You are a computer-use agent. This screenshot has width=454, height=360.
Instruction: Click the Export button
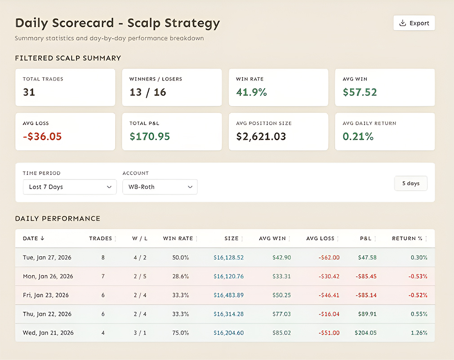pyautogui.click(x=414, y=23)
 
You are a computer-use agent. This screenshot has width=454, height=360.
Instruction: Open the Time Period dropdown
pyautogui.click(x=70, y=187)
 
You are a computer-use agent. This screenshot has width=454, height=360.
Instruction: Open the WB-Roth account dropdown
pyautogui.click(x=160, y=187)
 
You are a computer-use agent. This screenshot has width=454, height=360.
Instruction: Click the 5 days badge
pyautogui.click(x=410, y=184)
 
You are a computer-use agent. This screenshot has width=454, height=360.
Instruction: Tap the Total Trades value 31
pyautogui.click(x=29, y=92)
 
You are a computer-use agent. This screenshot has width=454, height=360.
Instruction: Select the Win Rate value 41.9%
pyautogui.click(x=251, y=92)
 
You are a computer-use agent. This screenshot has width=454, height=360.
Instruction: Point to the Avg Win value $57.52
pyautogui.click(x=360, y=92)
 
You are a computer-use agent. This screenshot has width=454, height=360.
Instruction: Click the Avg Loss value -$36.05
pyautogui.click(x=42, y=136)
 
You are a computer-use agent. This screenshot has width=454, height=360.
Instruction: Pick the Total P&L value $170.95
pyautogui.click(x=150, y=136)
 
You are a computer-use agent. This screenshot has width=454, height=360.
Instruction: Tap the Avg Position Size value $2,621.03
pyautogui.click(x=261, y=136)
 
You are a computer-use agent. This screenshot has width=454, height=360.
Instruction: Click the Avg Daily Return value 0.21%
pyautogui.click(x=358, y=136)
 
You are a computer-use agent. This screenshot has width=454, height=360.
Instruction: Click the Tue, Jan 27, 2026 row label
pyautogui.click(x=47, y=258)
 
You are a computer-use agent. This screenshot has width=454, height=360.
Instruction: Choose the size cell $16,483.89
pyautogui.click(x=228, y=295)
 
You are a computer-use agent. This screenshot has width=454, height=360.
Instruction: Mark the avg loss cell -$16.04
pyautogui.click(x=329, y=314)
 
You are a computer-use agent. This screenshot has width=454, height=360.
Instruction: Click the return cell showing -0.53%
pyautogui.click(x=418, y=276)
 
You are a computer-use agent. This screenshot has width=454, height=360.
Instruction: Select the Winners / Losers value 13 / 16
pyautogui.click(x=147, y=92)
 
